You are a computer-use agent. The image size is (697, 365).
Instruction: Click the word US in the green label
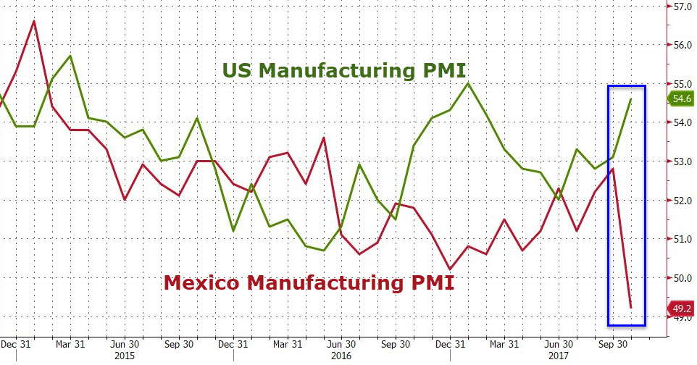pos(238,70)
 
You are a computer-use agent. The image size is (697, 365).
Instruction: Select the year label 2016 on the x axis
pos(341,356)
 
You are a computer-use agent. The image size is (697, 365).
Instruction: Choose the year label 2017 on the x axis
pos(557,356)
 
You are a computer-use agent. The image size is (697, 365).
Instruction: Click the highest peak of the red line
pos(34,21)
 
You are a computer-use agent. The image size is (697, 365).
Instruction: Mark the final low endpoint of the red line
pos(631,308)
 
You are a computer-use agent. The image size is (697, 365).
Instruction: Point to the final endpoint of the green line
pos(631,99)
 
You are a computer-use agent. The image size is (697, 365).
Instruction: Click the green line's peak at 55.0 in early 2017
pos(468,83)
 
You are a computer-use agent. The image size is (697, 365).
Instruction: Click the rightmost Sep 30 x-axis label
pos(612,345)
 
